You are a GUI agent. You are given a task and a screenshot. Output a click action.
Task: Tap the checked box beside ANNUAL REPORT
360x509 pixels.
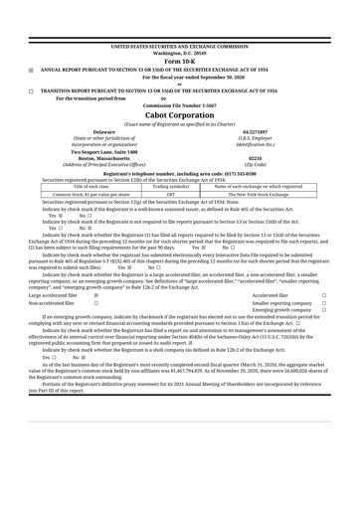tap(31, 70)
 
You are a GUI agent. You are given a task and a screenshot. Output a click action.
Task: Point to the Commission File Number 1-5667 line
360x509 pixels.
tap(179, 104)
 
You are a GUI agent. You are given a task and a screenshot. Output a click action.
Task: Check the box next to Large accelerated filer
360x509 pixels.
tap(95, 267)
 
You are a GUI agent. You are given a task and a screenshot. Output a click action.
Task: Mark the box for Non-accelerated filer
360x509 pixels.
tap(95, 275)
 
